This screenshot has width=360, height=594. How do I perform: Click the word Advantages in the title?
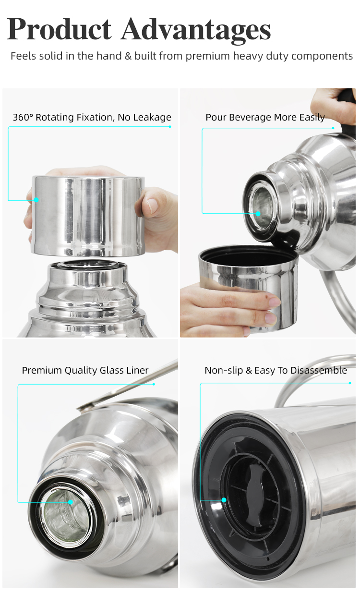(x=196, y=30)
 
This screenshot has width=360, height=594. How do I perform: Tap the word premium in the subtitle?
(x=208, y=56)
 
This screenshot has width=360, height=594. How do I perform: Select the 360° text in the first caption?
(x=22, y=117)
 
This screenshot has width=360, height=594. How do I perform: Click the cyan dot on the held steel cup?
(x=36, y=200)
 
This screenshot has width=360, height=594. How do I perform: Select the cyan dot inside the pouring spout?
(x=258, y=213)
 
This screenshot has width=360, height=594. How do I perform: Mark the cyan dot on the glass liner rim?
(x=71, y=502)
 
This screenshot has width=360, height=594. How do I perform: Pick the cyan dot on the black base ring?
(x=224, y=500)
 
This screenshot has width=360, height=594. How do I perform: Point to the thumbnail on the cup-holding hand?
(x=152, y=206)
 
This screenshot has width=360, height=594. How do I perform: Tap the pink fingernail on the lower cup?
(x=274, y=302)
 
